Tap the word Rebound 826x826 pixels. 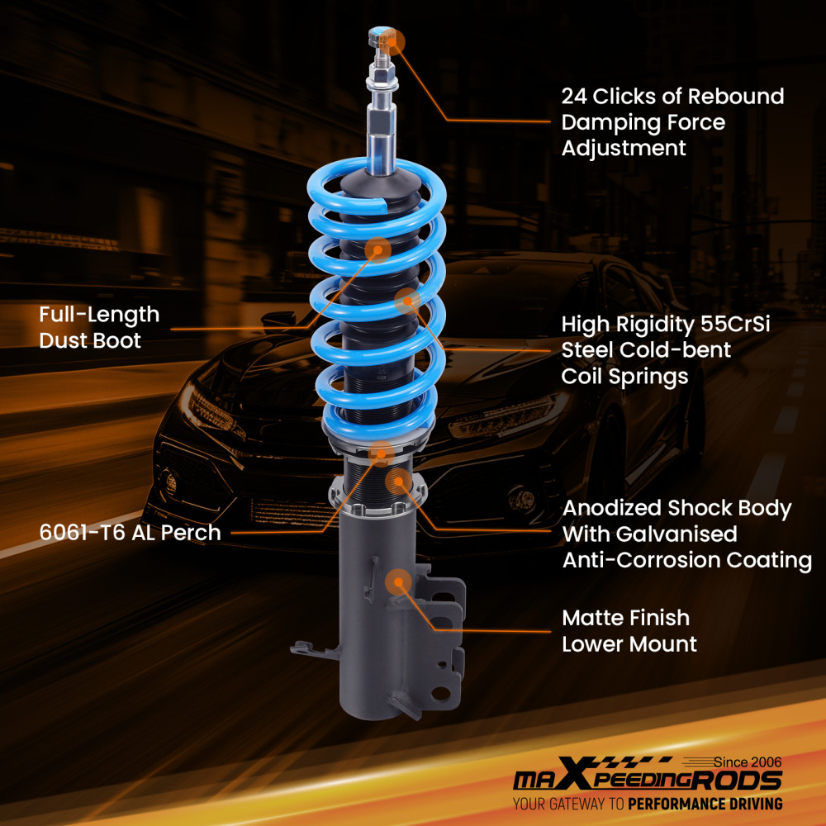point(734,97)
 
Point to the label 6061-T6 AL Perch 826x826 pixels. point(130,533)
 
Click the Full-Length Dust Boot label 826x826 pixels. point(99,327)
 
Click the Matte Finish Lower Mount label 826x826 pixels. point(628,630)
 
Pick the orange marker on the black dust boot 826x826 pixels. point(377,250)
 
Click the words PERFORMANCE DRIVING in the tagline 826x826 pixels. point(705,804)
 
